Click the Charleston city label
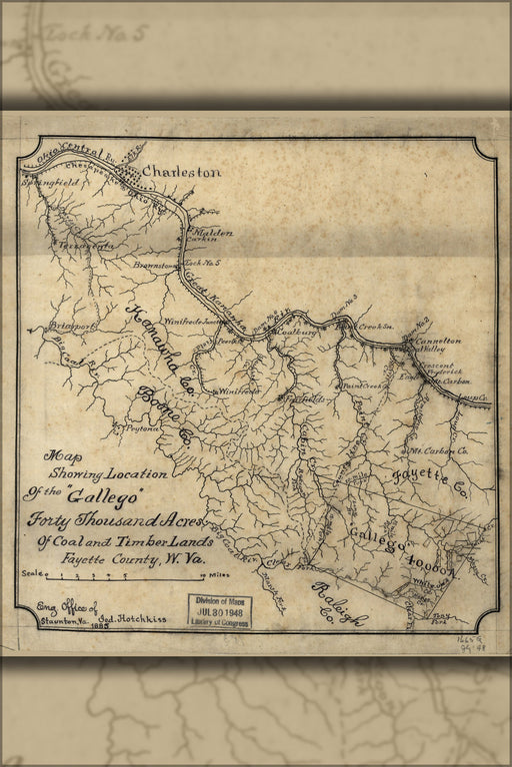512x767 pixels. pyautogui.click(x=181, y=172)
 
